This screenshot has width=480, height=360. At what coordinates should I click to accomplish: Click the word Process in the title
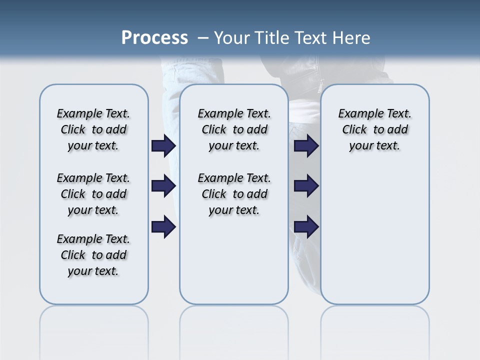pyautogui.click(x=154, y=37)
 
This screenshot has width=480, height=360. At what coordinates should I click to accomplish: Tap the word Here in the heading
pyautogui.click(x=351, y=37)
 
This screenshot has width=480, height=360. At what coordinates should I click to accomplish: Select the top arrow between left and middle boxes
pyautogui.click(x=163, y=146)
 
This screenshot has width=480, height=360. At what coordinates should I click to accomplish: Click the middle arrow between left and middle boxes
pyautogui.click(x=163, y=186)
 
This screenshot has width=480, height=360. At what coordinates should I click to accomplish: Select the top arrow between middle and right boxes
pyautogui.click(x=306, y=146)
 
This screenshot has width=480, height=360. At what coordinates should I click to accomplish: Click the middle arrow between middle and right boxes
pyautogui.click(x=306, y=186)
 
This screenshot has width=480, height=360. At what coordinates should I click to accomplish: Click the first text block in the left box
pyautogui.click(x=93, y=129)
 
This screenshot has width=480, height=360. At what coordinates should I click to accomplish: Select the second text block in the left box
pyautogui.click(x=93, y=194)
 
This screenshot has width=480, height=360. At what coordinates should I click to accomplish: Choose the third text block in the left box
pyautogui.click(x=93, y=255)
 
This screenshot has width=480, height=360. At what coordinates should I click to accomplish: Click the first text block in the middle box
pyautogui.click(x=234, y=129)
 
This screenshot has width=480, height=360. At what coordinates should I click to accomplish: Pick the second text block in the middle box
pyautogui.click(x=234, y=194)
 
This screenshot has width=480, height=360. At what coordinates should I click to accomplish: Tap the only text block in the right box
pyautogui.click(x=374, y=129)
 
